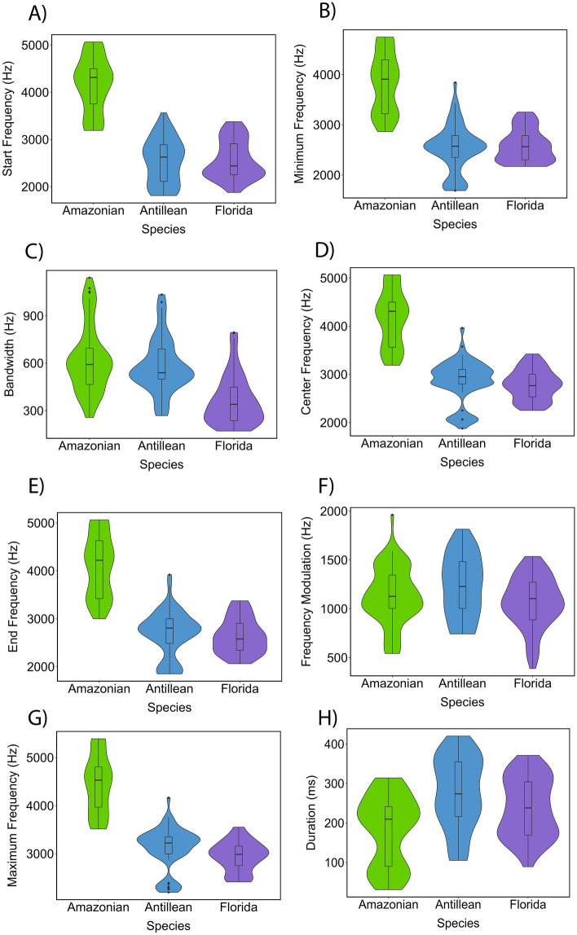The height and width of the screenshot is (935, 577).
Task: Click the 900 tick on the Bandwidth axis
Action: tap(37, 316)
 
